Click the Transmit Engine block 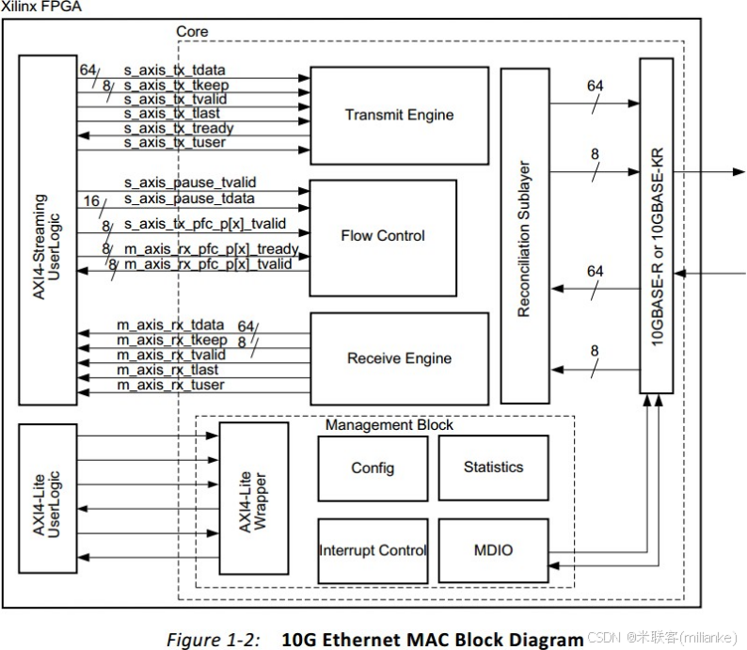coord(399,116)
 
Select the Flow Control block coord(382,236)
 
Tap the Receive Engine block coord(399,358)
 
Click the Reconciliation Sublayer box coord(524,235)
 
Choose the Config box coord(373,468)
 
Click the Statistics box coord(493,468)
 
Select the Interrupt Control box coord(373,550)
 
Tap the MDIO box coord(493,549)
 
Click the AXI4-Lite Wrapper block coord(253,499)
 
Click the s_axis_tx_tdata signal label coord(175,71)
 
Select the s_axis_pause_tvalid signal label coord(190,182)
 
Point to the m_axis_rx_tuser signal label coord(171,385)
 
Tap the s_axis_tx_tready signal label coord(179,128)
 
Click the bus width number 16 coord(91,201)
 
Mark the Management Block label coord(389,425)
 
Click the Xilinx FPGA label coord(41,7)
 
